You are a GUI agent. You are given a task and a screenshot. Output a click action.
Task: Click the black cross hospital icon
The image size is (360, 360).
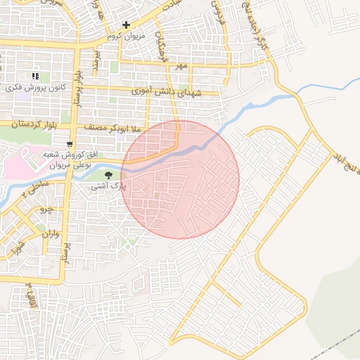click(126, 25)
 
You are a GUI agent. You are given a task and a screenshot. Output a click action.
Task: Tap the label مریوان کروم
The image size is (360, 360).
click(127, 36)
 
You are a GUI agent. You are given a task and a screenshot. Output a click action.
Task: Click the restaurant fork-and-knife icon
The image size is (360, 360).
click(35, 76)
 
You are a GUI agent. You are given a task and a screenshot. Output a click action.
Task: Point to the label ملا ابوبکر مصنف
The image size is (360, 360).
click(113, 129)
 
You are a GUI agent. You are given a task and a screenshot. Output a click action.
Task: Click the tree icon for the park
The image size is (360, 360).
click(108, 175)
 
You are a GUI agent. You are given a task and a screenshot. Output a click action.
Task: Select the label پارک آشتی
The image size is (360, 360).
click(108, 188)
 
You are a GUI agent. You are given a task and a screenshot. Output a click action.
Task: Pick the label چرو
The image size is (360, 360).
click(46, 209)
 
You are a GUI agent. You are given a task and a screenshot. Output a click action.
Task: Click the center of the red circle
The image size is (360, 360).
click(180, 179)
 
